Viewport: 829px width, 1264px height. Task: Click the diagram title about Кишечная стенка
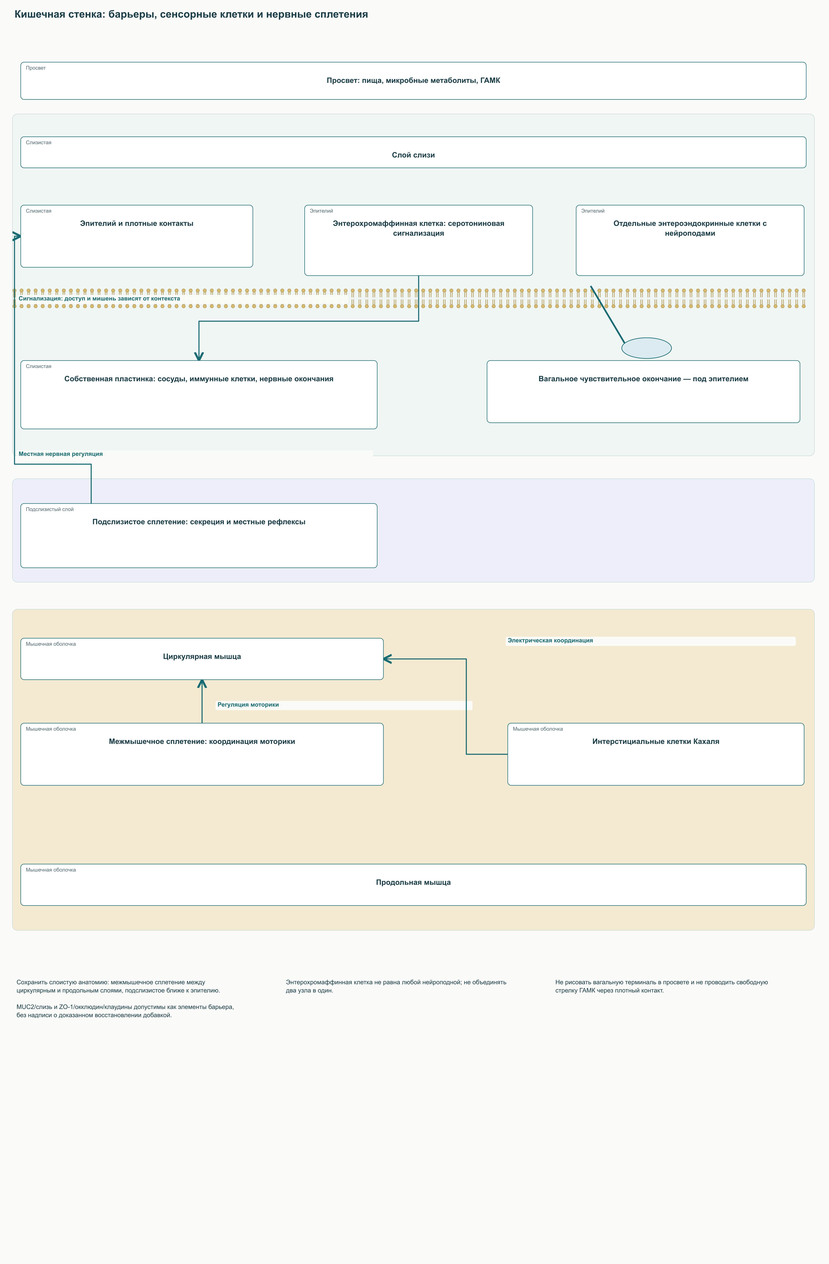coord(191,14)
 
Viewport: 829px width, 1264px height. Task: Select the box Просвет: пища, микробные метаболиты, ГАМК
coord(413,81)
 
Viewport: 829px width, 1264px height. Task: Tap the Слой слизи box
coord(413,153)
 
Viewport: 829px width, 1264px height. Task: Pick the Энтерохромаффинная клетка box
coord(418,240)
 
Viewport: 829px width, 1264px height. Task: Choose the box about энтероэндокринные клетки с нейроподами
coord(690,240)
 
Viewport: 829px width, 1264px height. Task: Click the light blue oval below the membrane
coord(646,348)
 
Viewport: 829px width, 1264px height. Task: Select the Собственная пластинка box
coord(199,395)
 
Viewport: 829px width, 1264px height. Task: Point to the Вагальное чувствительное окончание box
coord(643,391)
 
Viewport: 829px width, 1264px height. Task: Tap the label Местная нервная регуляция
coord(61,454)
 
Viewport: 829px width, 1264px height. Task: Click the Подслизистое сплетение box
coord(199,535)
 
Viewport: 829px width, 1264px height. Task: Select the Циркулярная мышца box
coord(202,659)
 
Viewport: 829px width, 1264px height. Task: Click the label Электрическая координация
coord(550,640)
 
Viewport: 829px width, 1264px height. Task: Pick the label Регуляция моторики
coord(248,705)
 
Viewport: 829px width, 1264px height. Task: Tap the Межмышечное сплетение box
coord(202,754)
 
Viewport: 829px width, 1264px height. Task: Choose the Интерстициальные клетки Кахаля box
coord(656,754)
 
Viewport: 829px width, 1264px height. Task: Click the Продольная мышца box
coord(413,885)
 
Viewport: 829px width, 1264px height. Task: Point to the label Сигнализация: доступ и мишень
coord(99,298)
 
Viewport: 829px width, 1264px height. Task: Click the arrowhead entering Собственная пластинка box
coord(199,356)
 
